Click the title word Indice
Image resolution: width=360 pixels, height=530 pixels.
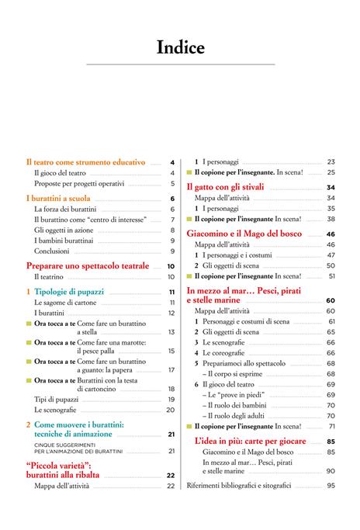[x=180, y=48]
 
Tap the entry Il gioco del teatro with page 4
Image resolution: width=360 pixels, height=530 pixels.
[x=60, y=173]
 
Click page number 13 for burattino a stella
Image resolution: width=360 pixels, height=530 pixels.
[x=171, y=331]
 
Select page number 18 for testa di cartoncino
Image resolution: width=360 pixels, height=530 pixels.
[x=171, y=389]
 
